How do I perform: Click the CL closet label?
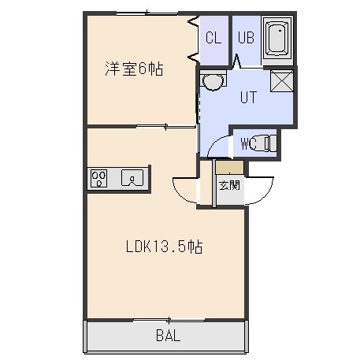point(213,38)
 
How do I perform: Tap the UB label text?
point(246,38)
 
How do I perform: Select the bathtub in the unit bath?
point(277,40)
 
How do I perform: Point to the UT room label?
point(248,97)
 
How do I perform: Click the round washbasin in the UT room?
point(213,80)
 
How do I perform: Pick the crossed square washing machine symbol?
point(282,81)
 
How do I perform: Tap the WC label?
point(249,143)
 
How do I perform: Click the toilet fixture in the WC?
point(265,143)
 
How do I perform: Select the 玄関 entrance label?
point(230,185)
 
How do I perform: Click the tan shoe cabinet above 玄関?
point(230,167)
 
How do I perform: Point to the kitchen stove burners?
point(98,179)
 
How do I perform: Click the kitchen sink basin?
point(132,178)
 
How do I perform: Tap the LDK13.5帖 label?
point(165,247)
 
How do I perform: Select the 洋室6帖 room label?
point(134,69)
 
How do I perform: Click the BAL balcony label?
point(169,336)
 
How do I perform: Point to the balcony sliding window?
point(169,320)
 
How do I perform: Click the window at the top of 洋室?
point(147,13)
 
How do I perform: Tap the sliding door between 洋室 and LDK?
point(166,127)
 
